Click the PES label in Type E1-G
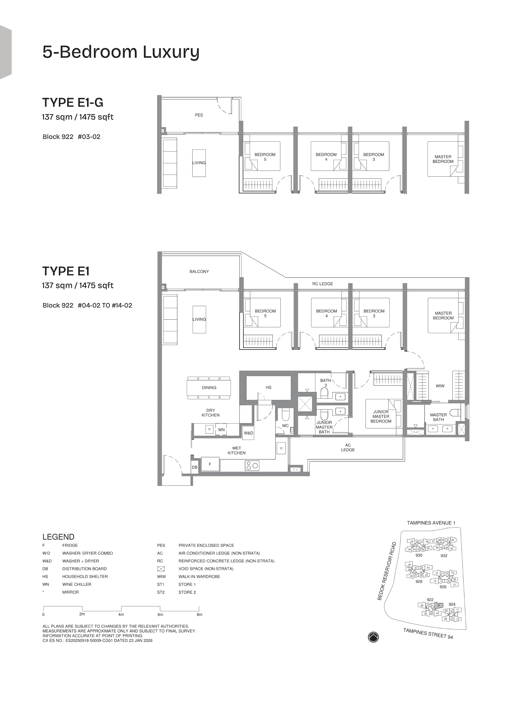199,115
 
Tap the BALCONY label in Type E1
199,271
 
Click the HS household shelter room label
268,387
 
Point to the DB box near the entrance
195,467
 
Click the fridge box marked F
210,464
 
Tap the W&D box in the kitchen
248,433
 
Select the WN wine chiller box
221,430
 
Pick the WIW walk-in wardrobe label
440,386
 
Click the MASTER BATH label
438,417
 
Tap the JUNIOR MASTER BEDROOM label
381,416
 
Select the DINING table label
209,387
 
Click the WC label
285,425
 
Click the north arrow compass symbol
373,637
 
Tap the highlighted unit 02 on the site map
439,605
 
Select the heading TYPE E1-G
72,102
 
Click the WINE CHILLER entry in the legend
77,584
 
